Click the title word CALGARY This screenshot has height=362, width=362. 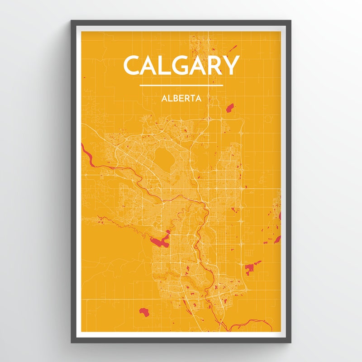(x=181, y=65)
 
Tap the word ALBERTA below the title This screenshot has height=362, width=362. (x=181, y=97)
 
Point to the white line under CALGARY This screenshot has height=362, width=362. (x=181, y=85)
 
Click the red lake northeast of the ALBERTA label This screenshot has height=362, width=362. (x=230, y=108)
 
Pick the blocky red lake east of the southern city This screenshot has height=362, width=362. (x=252, y=267)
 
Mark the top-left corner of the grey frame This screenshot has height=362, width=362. (x=72, y=21)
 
